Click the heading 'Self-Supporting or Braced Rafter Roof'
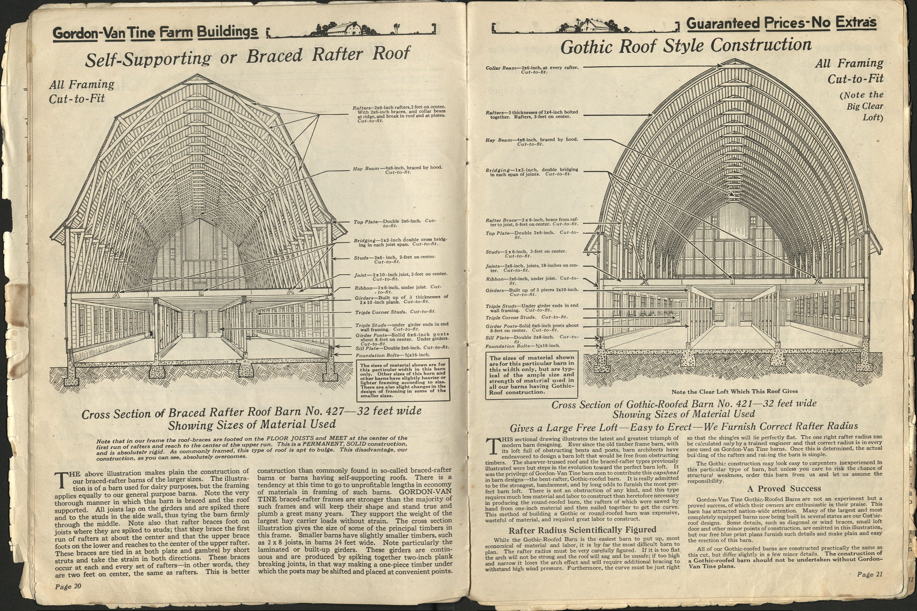tap(248, 57)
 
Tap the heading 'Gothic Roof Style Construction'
tap(686, 46)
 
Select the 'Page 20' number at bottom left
tap(68, 587)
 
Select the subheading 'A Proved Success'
tap(784, 489)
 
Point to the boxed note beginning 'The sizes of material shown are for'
tap(403, 380)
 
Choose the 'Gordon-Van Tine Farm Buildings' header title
tap(155, 33)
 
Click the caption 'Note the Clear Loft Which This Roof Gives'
tap(734, 391)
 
